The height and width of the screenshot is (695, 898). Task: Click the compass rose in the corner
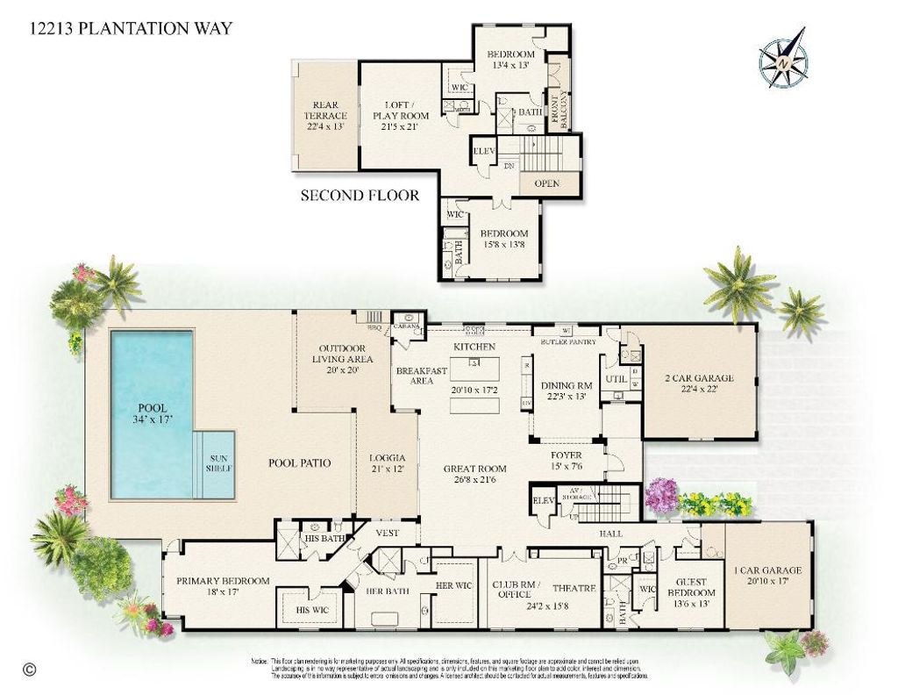[782, 59]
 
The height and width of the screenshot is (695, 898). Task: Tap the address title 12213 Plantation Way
[131, 28]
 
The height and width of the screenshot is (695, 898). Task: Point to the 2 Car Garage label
[699, 384]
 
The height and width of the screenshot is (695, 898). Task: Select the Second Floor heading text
[360, 195]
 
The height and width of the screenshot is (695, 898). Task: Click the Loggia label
[387, 462]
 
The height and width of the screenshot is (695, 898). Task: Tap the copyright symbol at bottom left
[30, 669]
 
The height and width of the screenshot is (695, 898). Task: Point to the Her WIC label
[453, 584]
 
